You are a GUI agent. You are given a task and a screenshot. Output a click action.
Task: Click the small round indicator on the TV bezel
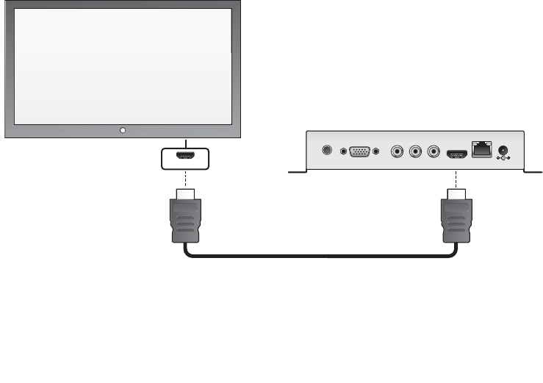(x=122, y=130)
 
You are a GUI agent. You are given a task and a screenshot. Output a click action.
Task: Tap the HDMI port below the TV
(x=185, y=156)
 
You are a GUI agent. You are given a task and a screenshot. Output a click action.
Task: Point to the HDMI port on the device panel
(x=456, y=152)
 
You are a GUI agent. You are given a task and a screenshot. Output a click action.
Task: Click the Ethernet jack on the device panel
(x=481, y=148)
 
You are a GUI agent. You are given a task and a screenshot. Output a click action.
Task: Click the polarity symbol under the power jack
(x=504, y=158)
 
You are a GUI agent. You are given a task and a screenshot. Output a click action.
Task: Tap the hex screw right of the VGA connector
(x=376, y=151)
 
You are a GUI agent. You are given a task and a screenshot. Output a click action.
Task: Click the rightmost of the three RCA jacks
(x=434, y=152)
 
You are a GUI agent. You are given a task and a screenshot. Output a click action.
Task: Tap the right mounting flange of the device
(x=533, y=172)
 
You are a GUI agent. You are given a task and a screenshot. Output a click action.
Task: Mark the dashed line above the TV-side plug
(x=185, y=179)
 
